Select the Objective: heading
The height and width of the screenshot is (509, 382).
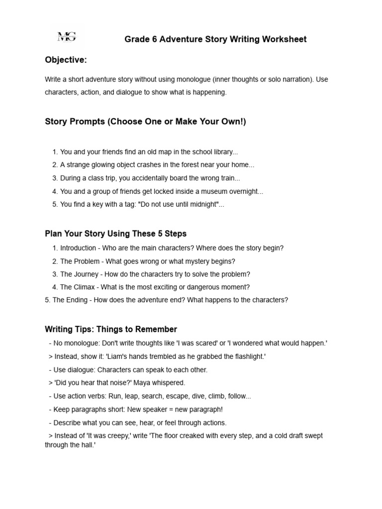[66, 60]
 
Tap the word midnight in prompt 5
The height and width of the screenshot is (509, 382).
[202, 204]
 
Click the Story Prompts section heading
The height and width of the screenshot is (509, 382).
[145, 122]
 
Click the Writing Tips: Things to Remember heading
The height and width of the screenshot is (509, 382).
[111, 329]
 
